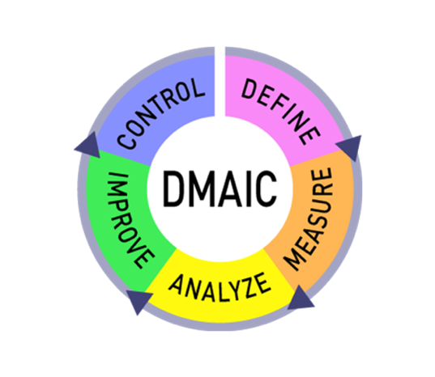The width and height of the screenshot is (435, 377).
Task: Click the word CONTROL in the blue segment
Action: pyautogui.click(x=161, y=113)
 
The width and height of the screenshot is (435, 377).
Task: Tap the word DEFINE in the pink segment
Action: pyautogui.click(x=281, y=111)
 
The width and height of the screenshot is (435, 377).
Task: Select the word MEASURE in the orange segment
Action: pyautogui.click(x=309, y=218)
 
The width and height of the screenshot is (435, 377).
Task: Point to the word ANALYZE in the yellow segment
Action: pyautogui.click(x=220, y=287)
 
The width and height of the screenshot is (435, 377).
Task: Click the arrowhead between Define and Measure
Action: pyautogui.click(x=350, y=147)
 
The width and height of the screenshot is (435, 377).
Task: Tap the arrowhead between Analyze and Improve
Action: pyautogui.click(x=139, y=300)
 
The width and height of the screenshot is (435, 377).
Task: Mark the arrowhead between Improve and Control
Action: pyautogui.click(x=89, y=146)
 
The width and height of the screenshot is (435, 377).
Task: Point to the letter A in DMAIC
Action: pyautogui.click(x=231, y=189)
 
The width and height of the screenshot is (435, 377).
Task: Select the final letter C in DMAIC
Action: pyautogui.click(x=267, y=189)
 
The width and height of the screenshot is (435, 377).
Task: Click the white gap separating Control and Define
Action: pyautogui.click(x=220, y=82)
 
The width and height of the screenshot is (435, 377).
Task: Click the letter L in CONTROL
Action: pyautogui.click(x=197, y=88)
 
